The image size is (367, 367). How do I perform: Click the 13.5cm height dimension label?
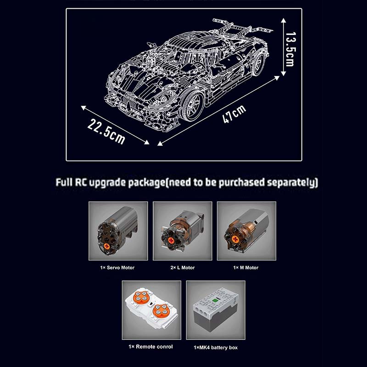[289, 49]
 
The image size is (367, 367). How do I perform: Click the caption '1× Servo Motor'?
[118, 267]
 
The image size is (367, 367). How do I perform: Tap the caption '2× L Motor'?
[182, 267]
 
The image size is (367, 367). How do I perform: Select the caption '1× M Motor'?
[246, 267]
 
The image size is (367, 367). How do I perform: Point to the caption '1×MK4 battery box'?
[215, 347]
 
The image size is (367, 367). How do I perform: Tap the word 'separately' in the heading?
[292, 182]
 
